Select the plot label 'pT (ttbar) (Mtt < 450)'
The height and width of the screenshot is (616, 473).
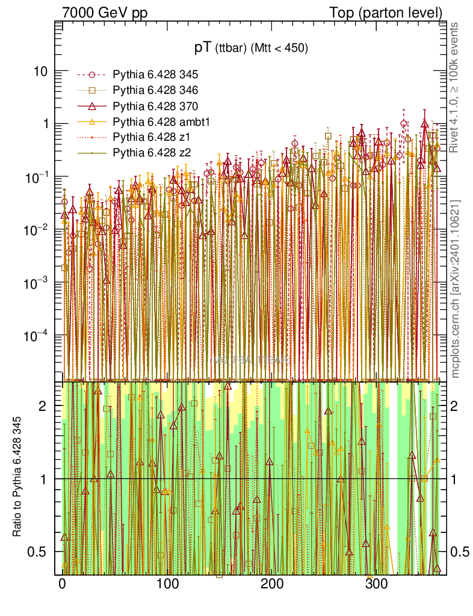250,49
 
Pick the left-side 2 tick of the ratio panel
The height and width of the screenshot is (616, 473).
43,406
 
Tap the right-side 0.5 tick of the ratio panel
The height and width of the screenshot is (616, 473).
462,552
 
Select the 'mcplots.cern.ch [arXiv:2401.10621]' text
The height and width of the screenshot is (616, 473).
456,289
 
